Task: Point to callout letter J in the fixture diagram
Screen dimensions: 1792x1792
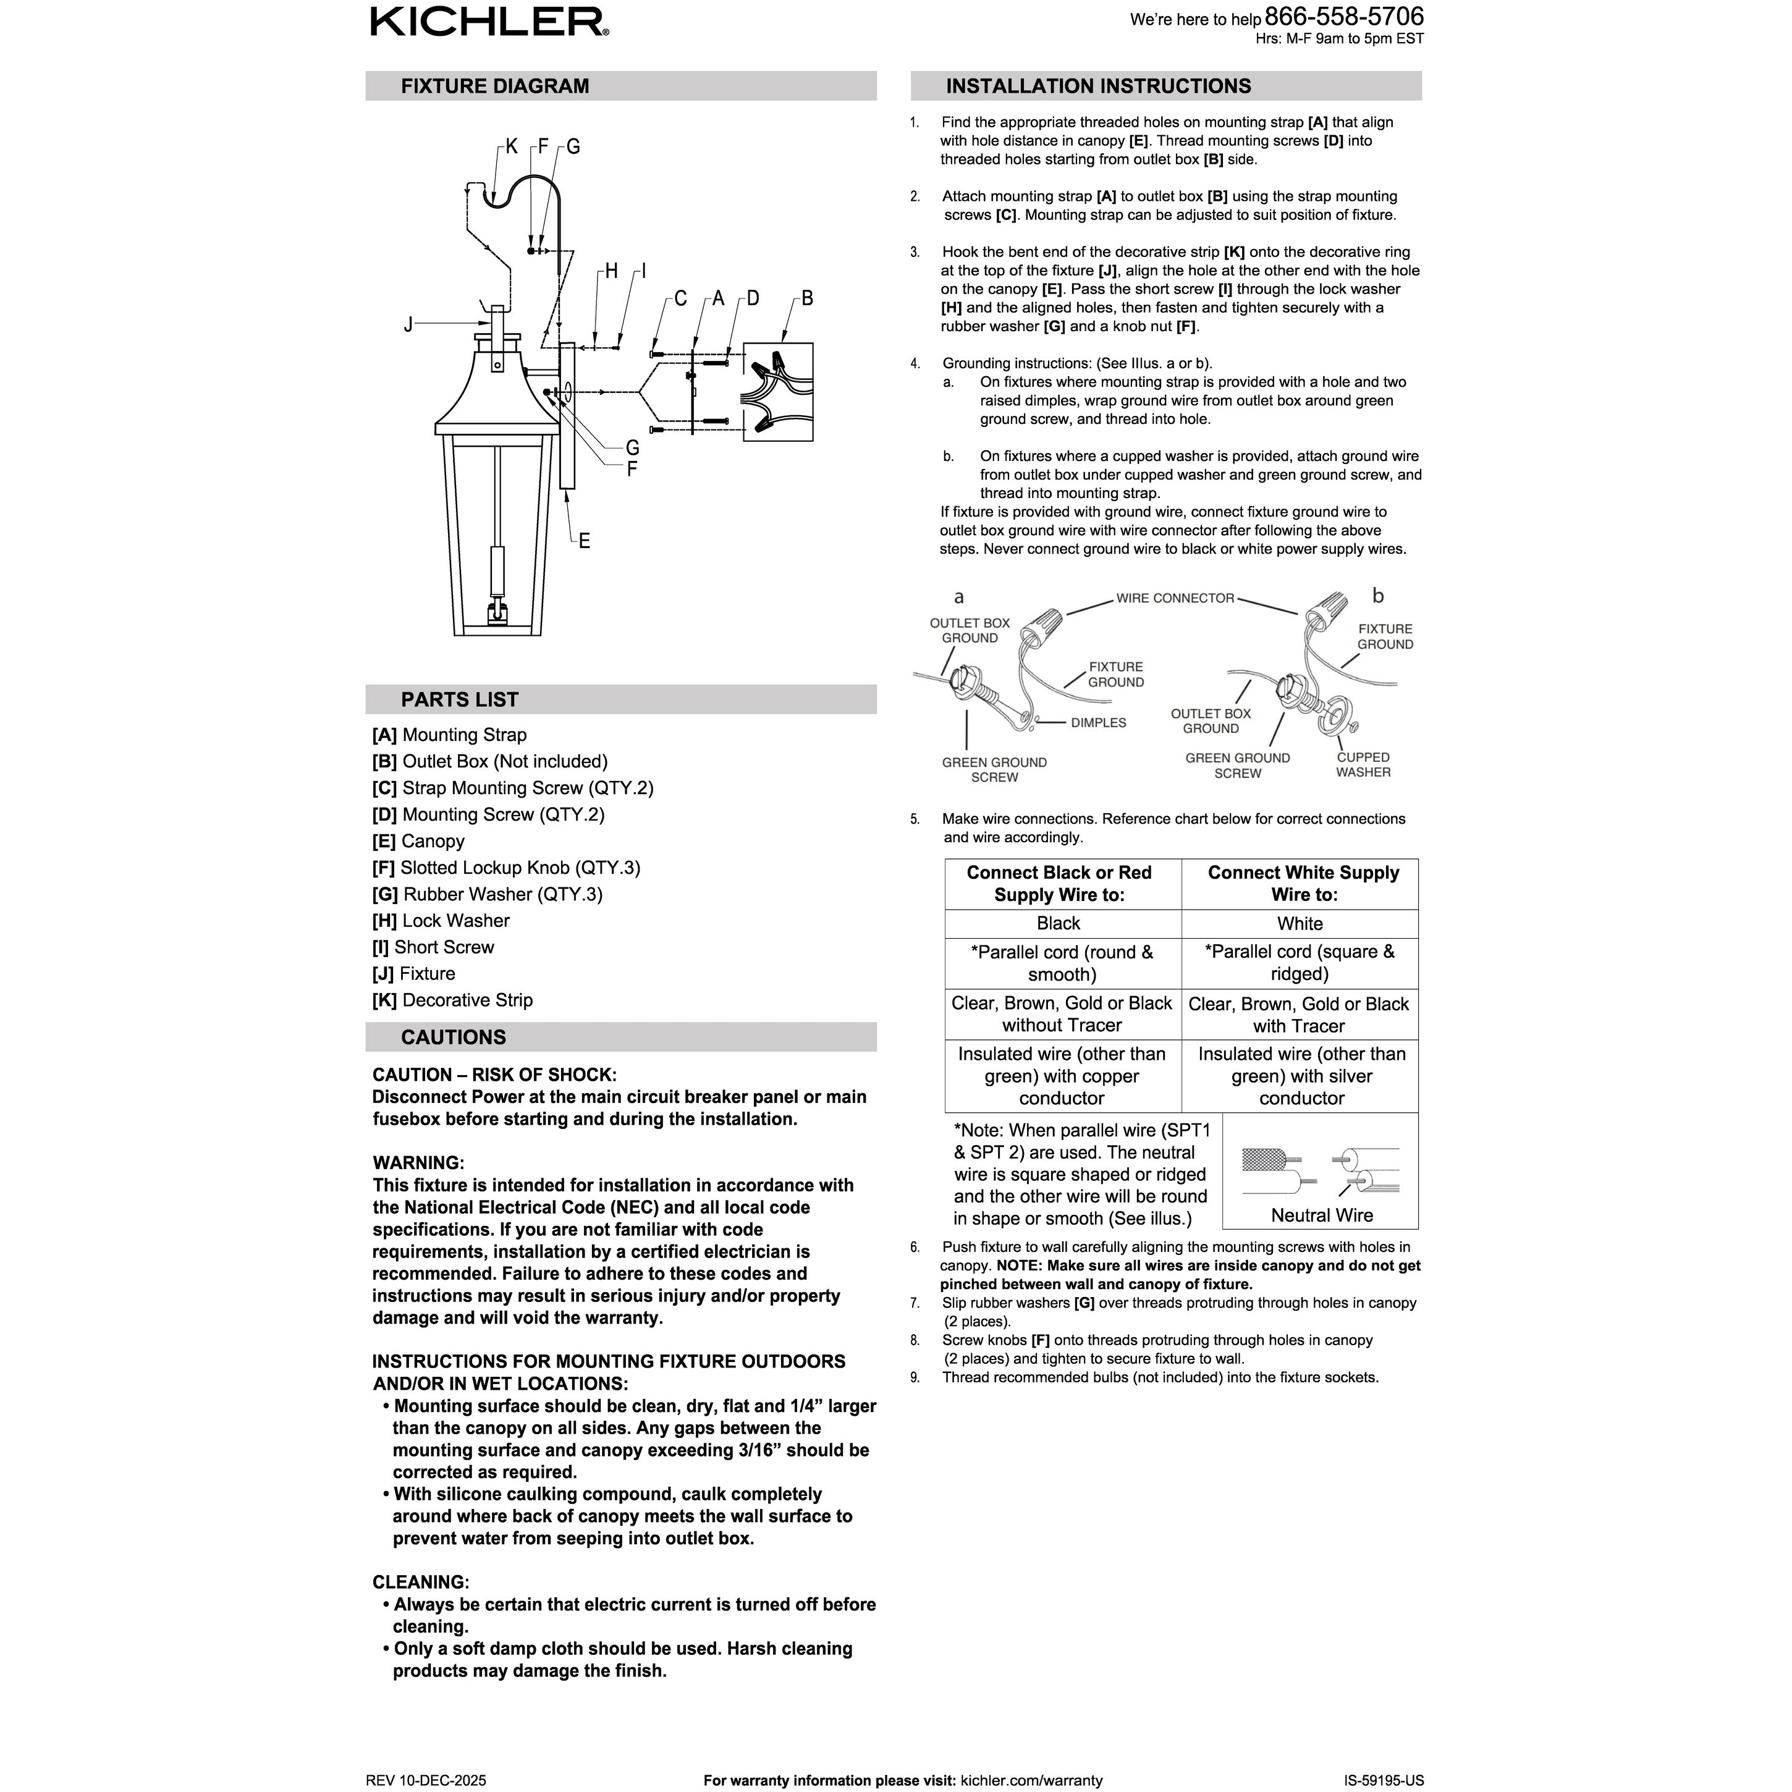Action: pyautogui.click(x=408, y=324)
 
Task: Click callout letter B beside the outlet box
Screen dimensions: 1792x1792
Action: pyautogui.click(x=807, y=298)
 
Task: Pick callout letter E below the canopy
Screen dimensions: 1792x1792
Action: pyautogui.click(x=585, y=541)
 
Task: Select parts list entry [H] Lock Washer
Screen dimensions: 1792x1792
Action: pyautogui.click(x=441, y=921)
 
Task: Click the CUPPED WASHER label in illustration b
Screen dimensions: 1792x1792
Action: pyautogui.click(x=1363, y=765)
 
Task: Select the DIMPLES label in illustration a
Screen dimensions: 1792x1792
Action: pyautogui.click(x=1098, y=722)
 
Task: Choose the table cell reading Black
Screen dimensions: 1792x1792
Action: pyautogui.click(x=1059, y=924)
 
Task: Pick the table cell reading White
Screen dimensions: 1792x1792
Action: pyautogui.click(x=1300, y=924)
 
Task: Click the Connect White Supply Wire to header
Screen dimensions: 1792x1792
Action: pyautogui.click(x=1303, y=884)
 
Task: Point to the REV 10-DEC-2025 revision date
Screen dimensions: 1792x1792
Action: pyautogui.click(x=426, y=1781)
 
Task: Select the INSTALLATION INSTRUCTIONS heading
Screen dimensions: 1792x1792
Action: pyautogui.click(x=1098, y=87)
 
